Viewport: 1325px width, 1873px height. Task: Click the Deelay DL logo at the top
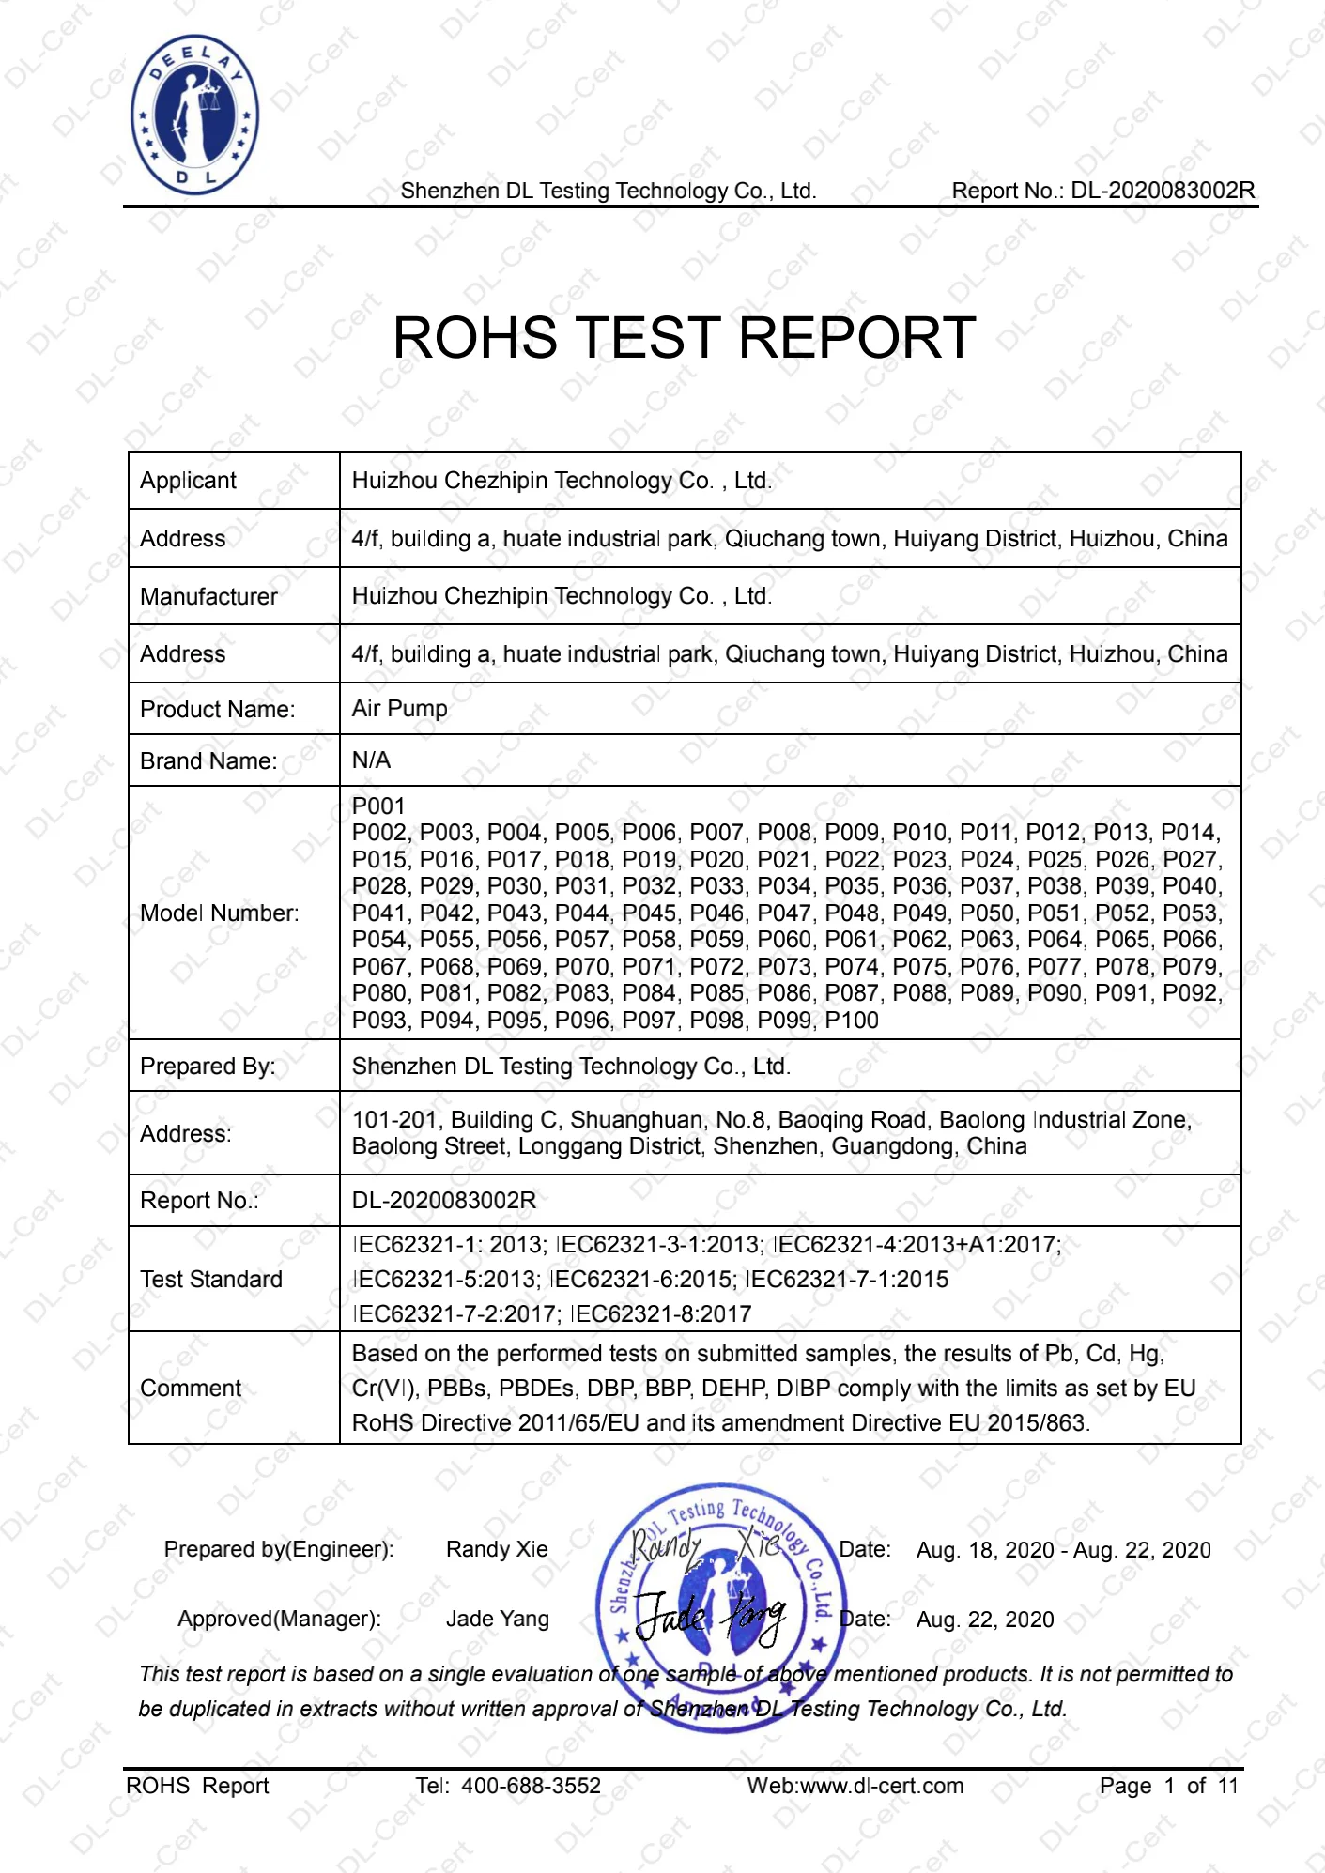click(x=194, y=115)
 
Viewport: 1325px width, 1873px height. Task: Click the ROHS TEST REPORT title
click(x=684, y=338)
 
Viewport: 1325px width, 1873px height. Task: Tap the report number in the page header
click(x=1102, y=191)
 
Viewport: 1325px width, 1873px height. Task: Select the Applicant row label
click(x=188, y=481)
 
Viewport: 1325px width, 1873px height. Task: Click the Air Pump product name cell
click(x=399, y=709)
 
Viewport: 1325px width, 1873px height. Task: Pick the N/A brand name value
click(x=371, y=760)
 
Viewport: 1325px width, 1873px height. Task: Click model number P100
click(x=852, y=1021)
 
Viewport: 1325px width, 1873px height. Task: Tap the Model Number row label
click(x=219, y=913)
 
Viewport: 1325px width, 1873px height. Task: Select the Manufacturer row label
click(x=208, y=597)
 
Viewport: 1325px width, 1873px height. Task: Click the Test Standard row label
click(x=210, y=1280)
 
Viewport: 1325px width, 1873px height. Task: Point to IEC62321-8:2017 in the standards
click(x=661, y=1314)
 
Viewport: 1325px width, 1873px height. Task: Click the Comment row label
click(x=190, y=1389)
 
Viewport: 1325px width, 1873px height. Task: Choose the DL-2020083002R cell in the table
click(x=443, y=1201)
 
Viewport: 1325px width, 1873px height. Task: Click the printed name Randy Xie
click(x=497, y=1549)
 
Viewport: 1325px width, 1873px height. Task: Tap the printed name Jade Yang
click(x=497, y=1619)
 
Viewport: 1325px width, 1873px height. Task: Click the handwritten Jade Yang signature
click(x=710, y=1617)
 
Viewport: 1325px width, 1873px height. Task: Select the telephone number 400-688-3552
click(x=531, y=1786)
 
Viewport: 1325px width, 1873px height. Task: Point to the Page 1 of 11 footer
click(x=1168, y=1786)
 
